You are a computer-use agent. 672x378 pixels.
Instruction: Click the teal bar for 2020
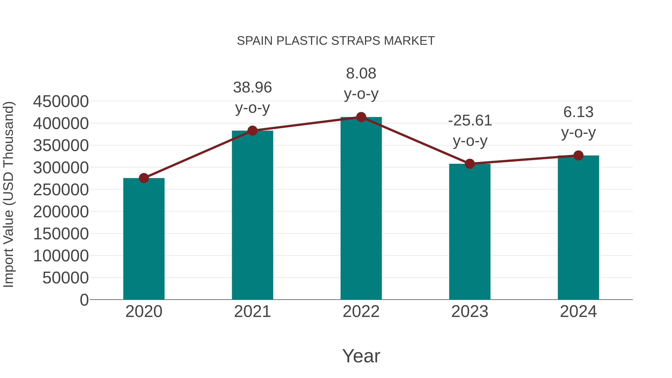pos(144,239)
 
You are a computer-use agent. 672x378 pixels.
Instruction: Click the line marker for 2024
pos(578,155)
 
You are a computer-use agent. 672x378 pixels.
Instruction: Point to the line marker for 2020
pos(144,178)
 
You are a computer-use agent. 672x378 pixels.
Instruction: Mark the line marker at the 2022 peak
pos(361,117)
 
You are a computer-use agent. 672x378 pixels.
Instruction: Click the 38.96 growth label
pos(252,87)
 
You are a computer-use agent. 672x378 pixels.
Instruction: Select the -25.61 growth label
pos(470,121)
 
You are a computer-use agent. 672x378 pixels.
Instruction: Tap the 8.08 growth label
pos(361,73)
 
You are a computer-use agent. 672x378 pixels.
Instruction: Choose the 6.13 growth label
pos(578,112)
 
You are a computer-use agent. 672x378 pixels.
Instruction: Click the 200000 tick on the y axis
pos(61,211)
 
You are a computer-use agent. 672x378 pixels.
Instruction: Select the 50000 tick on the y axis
pos(66,278)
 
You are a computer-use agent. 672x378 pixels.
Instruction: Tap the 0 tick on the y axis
pos(84,300)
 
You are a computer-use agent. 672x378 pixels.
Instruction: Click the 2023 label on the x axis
pos(470,312)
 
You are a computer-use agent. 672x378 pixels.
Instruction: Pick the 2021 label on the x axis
pos(252,312)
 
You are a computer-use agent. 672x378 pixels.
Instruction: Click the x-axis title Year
pos(361,356)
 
